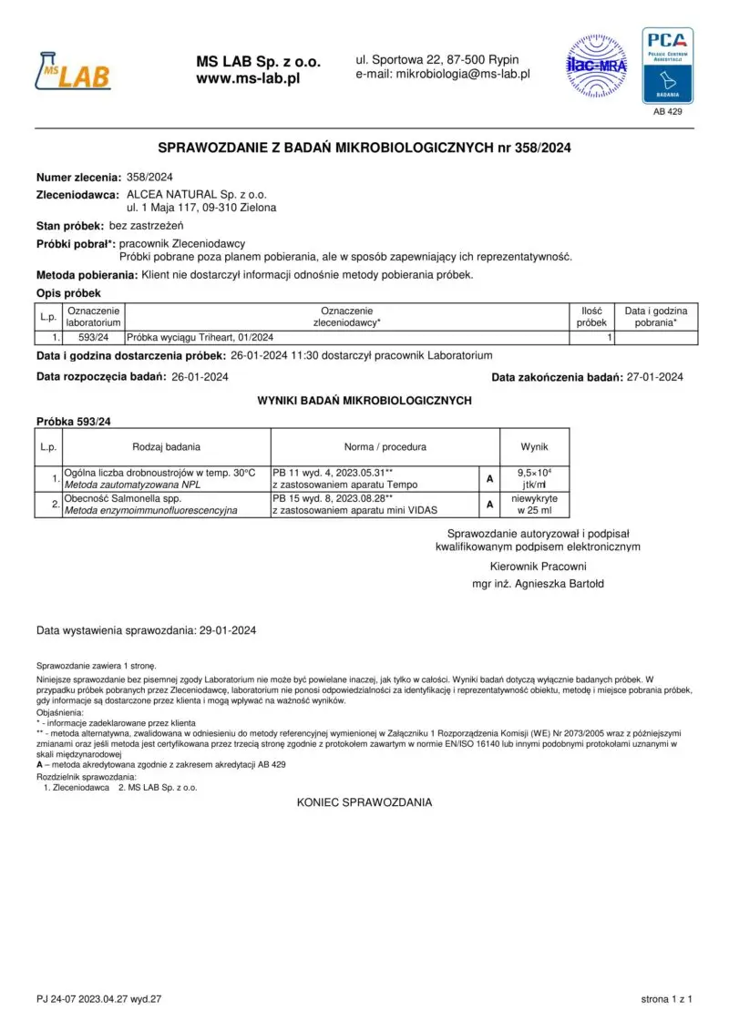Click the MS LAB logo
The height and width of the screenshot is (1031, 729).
[x=73, y=70]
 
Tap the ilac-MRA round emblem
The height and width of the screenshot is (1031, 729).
[x=598, y=65]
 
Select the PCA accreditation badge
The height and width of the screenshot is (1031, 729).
[x=668, y=65]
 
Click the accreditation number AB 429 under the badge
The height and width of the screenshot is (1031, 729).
[x=668, y=111]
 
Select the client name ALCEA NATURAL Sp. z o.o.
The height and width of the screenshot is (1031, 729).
[x=196, y=195]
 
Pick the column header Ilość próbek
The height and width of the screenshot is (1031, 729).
[x=591, y=317]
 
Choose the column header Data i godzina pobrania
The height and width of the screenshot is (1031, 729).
[x=655, y=317]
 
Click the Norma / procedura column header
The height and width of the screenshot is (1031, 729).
[x=385, y=447]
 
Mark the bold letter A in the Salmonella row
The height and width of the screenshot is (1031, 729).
[x=490, y=505]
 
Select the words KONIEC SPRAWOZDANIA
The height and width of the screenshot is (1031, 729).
[x=364, y=802]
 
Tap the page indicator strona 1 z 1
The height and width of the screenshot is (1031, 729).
[x=667, y=999]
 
